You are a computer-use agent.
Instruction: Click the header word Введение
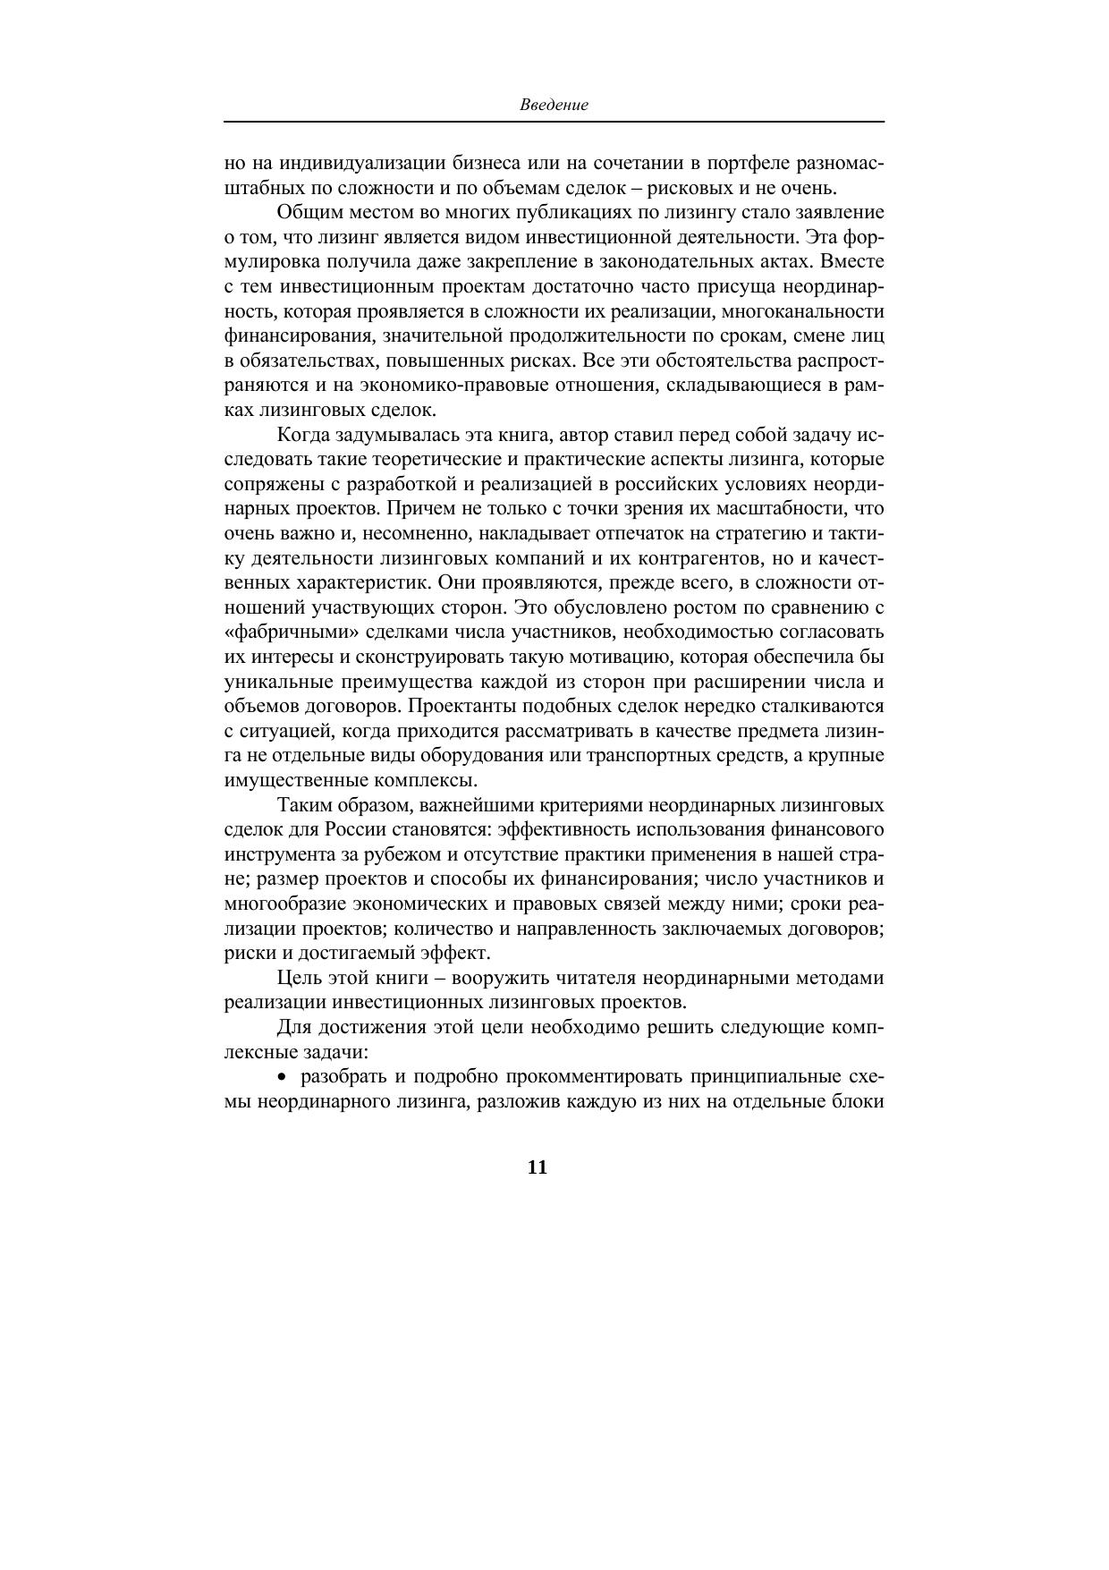554,106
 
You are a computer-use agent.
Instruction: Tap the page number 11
537,1167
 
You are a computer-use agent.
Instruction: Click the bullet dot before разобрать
284,1076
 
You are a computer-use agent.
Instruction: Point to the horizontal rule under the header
554,122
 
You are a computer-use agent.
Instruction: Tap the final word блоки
857,1101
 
